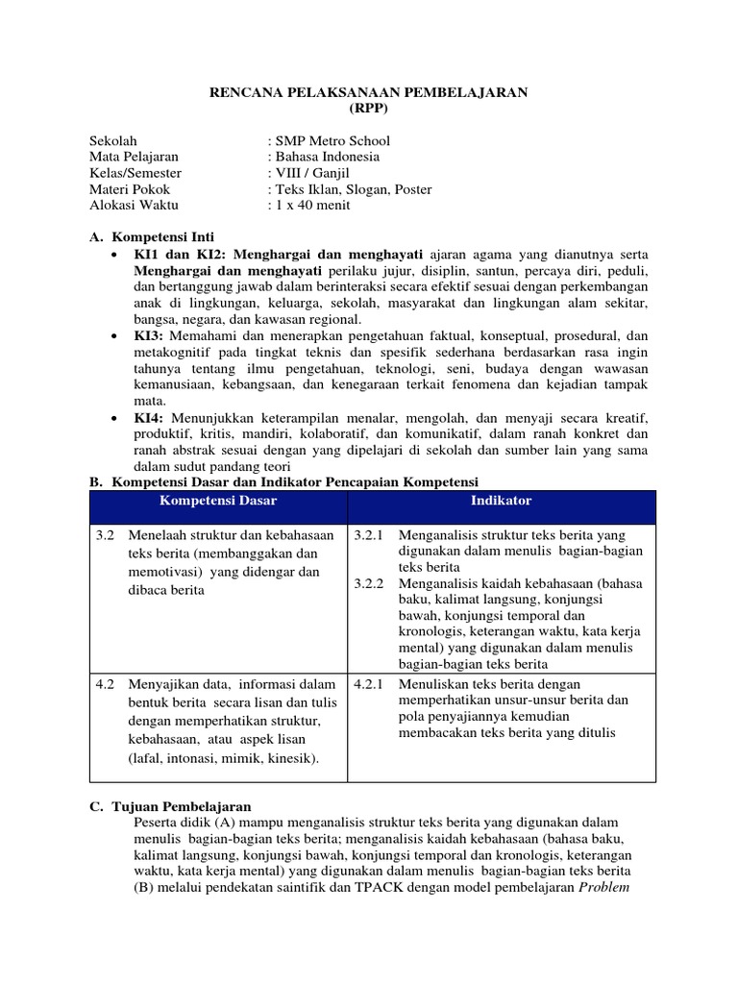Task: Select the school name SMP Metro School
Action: tap(332, 140)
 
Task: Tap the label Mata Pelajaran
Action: tap(134, 157)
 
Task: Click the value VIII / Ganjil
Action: tap(305, 173)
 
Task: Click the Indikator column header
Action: tap(501, 502)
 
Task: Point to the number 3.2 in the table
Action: tap(106, 534)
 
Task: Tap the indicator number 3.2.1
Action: tap(370, 534)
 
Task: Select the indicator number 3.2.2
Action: tap(370, 582)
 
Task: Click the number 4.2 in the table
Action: tap(106, 684)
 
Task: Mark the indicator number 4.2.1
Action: tap(370, 684)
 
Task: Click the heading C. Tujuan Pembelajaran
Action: tap(169, 806)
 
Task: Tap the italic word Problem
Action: tap(603, 887)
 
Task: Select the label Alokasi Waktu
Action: tap(134, 205)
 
